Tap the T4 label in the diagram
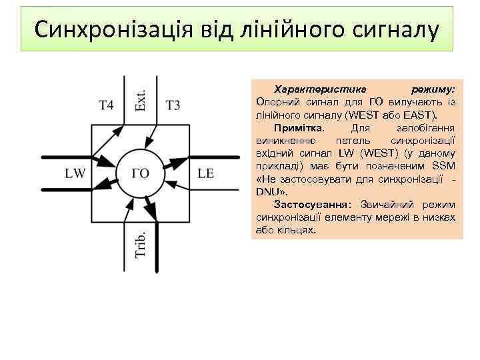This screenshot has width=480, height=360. click(x=107, y=105)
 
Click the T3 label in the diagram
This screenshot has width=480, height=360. click(x=173, y=105)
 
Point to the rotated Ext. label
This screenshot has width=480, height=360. click(x=141, y=100)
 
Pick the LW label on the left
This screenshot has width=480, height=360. click(x=75, y=173)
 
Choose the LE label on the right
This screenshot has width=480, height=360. click(x=206, y=173)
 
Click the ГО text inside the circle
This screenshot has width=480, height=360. click(x=141, y=173)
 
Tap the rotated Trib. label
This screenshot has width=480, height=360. click(x=141, y=245)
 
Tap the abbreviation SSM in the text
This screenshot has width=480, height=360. click(x=444, y=165)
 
